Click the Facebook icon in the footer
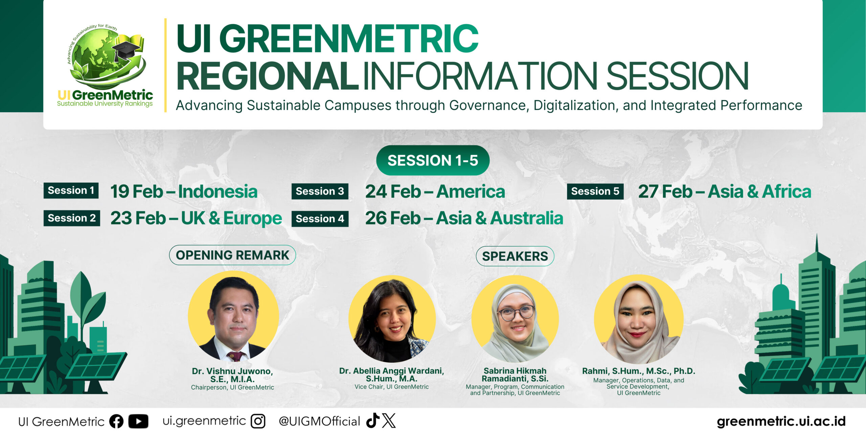coord(116,421)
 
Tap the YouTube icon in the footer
coord(138,421)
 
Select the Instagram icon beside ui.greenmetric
coord(258,421)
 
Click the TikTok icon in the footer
coord(373,420)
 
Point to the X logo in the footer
coord(389,420)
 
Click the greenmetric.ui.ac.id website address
coord(781,421)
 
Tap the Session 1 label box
coord(71,190)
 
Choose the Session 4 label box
coord(320,219)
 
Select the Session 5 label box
coord(595,191)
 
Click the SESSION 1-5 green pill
coord(433,160)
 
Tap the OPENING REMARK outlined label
coord(232,255)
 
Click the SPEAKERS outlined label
coord(515,256)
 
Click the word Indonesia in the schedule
coord(218,191)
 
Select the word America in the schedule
coord(471,191)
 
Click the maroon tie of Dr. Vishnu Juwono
coord(235,356)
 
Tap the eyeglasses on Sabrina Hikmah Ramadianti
coord(516,313)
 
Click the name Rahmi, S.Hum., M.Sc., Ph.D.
coord(639,371)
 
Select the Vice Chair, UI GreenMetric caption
coord(391,387)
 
